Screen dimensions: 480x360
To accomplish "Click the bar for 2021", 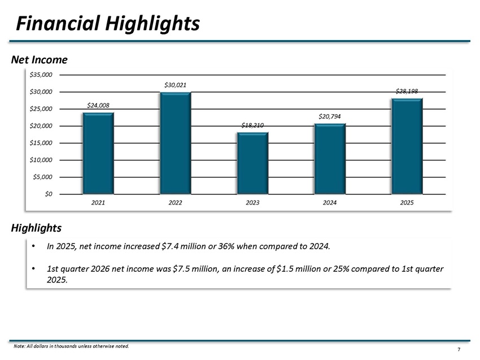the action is [x=98, y=153].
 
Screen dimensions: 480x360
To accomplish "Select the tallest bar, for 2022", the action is [x=176, y=143].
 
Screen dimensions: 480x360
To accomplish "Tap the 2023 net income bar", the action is [x=252, y=163].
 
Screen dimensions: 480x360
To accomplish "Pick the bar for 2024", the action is [x=330, y=159].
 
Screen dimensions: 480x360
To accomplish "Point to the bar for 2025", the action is [x=407, y=146].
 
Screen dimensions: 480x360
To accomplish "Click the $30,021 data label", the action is [x=176, y=85].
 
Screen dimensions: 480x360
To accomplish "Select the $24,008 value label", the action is [x=98, y=105].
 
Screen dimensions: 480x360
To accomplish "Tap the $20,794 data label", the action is [x=330, y=116].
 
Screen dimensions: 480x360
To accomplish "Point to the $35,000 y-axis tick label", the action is [x=41, y=75].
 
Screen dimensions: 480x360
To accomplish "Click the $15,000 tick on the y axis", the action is [x=41, y=143].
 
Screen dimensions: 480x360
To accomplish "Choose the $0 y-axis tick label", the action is [x=49, y=194].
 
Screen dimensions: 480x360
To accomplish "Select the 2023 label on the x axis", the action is [x=252, y=202].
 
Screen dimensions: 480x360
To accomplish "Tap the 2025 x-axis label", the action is [x=407, y=202].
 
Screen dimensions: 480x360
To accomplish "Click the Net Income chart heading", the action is [x=39, y=60].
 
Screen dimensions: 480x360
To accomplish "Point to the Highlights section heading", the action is [x=36, y=228].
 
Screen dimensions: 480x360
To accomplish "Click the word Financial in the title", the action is [x=58, y=24].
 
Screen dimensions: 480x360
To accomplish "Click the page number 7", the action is [x=459, y=349].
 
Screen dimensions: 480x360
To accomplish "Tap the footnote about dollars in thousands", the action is [x=71, y=346].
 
